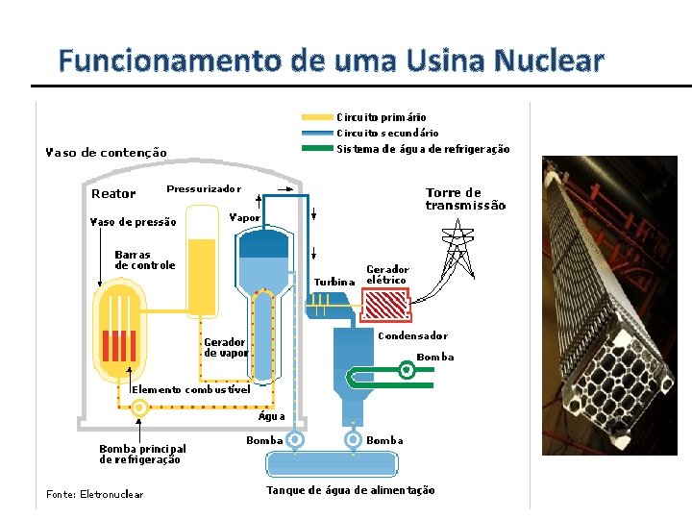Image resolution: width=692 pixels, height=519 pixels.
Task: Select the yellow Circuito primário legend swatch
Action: [x=317, y=117]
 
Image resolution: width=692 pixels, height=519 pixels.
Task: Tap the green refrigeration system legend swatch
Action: [x=317, y=149]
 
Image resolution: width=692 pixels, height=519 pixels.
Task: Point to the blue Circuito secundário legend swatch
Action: [x=317, y=133]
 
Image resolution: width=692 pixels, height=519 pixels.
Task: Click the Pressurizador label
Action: [x=204, y=189]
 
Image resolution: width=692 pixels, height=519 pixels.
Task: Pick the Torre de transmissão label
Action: [x=465, y=199]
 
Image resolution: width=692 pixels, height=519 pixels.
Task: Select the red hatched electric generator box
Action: [x=383, y=306]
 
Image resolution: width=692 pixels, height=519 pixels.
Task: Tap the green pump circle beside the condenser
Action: [x=408, y=368]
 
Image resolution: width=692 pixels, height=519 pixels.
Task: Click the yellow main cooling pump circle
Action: [x=139, y=408]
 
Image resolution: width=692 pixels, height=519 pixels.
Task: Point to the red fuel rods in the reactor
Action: [x=120, y=344]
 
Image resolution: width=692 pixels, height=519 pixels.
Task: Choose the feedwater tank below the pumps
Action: [x=332, y=465]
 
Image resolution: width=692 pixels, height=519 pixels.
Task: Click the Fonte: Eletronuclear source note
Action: [x=94, y=495]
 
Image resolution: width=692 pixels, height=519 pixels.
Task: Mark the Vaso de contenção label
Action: [x=107, y=152]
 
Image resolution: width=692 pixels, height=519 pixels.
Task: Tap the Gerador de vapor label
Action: [x=225, y=347]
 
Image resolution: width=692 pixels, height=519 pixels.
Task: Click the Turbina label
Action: [x=334, y=282]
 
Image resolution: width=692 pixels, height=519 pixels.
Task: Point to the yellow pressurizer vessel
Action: [x=202, y=275]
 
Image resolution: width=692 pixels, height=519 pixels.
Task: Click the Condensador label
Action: [x=412, y=336]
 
